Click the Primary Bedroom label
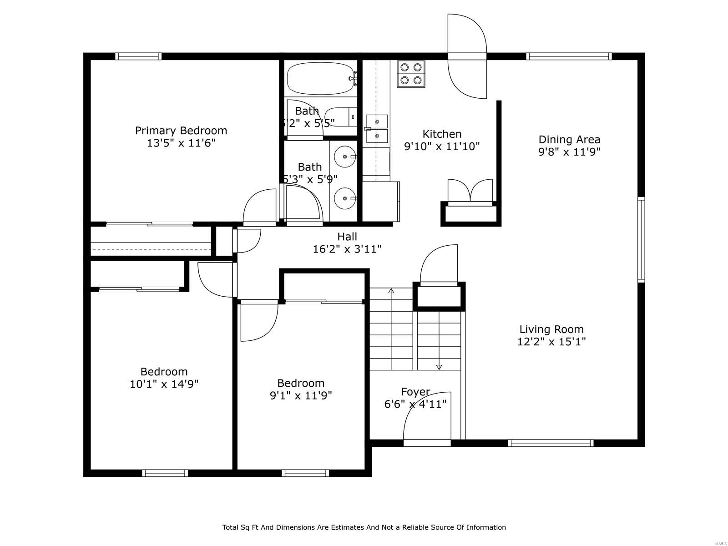coord(181,131)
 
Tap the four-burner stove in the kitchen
coord(411,74)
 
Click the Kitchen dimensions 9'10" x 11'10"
coord(442,147)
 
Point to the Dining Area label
coord(569,140)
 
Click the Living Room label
coord(551,329)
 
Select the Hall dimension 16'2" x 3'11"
coord(347,249)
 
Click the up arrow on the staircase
coord(391,291)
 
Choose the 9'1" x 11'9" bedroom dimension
coord(301,395)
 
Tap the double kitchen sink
coord(377,129)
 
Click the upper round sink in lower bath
coord(346,157)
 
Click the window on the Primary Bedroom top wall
coord(138,56)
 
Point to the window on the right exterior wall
coord(641,239)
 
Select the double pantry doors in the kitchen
coord(470,191)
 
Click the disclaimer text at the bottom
coord(364,527)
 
